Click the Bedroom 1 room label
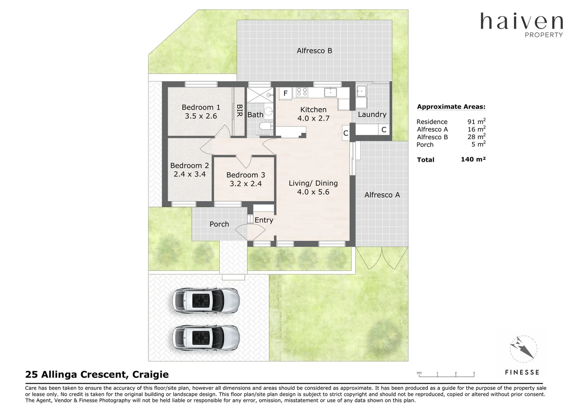coord(200,107)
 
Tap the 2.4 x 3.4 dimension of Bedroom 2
coord(190,174)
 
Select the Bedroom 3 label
coord(245,175)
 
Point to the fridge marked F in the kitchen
coord(286,93)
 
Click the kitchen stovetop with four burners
coord(302,91)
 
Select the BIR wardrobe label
coord(239,111)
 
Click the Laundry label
coord(372,114)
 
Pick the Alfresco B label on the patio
coord(314,51)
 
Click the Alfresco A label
coord(382,195)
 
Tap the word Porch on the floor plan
coord(219,224)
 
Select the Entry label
coord(264,220)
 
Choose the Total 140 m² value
coord(473,159)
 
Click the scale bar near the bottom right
coord(446,375)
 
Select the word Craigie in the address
coord(151,374)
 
